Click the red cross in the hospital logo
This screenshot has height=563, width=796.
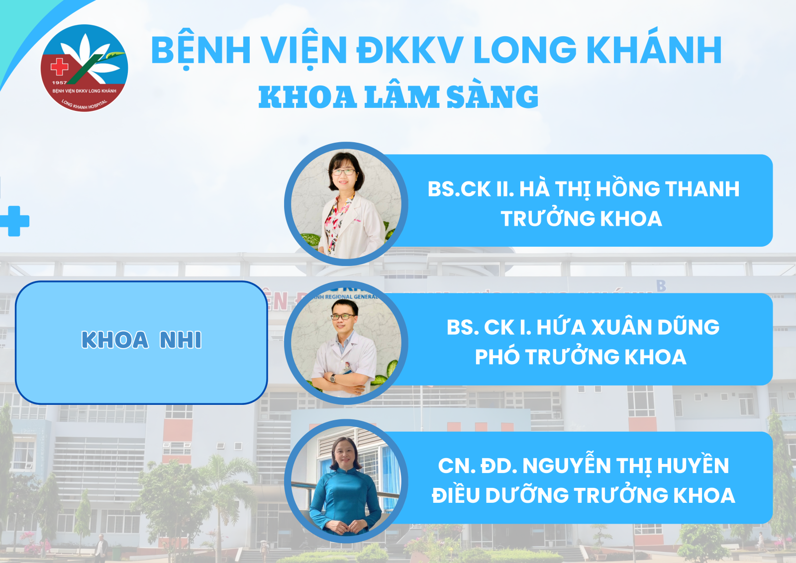click(59, 67)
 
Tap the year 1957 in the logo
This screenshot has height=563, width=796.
click(59, 83)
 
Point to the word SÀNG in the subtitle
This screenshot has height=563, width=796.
click(492, 96)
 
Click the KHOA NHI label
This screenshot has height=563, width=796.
click(141, 340)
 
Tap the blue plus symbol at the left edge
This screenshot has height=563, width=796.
click(14, 221)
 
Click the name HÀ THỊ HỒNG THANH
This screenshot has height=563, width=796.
click(629, 189)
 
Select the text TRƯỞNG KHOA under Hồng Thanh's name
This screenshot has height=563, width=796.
click(582, 218)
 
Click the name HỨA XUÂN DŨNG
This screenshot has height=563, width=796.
click(628, 327)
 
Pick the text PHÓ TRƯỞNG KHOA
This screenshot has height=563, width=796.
click(581, 357)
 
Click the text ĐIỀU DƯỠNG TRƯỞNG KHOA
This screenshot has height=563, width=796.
click(583, 495)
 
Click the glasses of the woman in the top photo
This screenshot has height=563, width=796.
click(343, 172)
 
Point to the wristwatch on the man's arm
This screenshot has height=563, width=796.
click(333, 378)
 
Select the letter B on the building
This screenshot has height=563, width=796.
click(661, 285)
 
